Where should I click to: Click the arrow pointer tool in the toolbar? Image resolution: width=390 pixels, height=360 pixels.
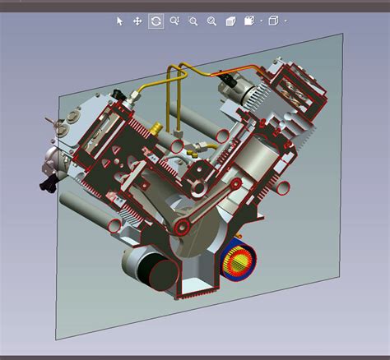pyautogui.click(x=119, y=21)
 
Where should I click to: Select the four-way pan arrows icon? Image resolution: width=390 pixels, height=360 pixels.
pyautogui.click(x=137, y=21)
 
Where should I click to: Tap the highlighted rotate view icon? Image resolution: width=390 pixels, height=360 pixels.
pyautogui.click(x=156, y=21)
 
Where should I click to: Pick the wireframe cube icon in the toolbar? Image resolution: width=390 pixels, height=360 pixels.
pyautogui.click(x=274, y=21)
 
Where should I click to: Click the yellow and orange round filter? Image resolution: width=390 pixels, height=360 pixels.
pyautogui.click(x=238, y=261)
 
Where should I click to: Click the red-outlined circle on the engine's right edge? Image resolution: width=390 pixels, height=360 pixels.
pyautogui.click(x=282, y=188)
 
